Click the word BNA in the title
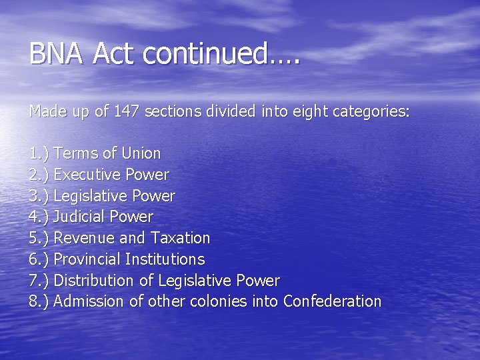(x=57, y=53)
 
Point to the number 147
(x=126, y=111)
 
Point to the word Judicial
(x=79, y=217)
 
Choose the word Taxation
(x=181, y=238)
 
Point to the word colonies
(x=217, y=301)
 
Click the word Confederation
(x=332, y=301)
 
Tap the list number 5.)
(x=39, y=238)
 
